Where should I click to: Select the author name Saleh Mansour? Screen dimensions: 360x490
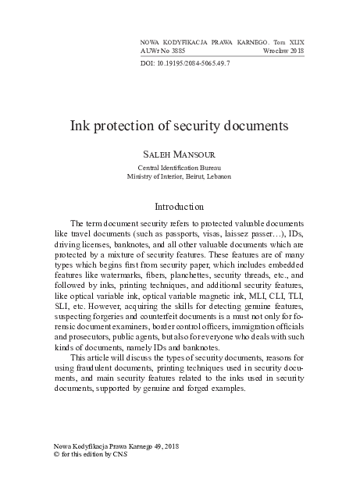point(180,155)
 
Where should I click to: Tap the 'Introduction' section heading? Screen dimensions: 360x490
point(180,207)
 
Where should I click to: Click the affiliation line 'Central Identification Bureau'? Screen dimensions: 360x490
point(180,168)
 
